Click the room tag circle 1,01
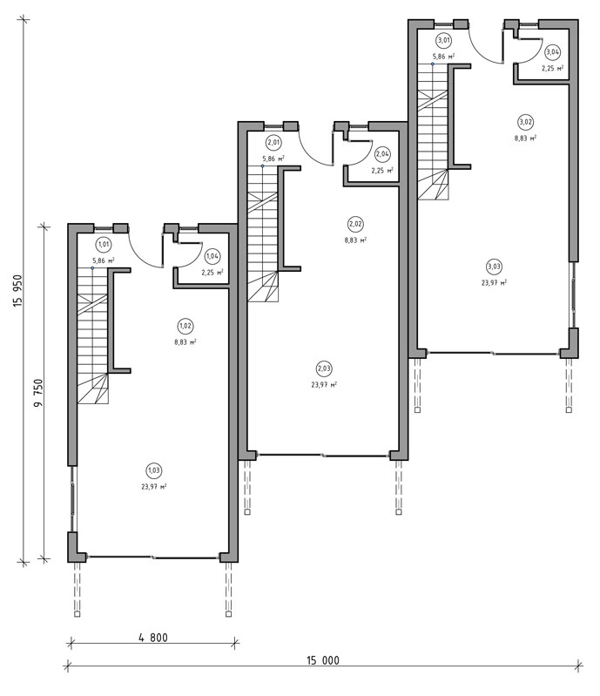(x=104, y=244)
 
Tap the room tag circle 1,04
(x=212, y=256)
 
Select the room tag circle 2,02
(x=355, y=224)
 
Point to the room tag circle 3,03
(x=494, y=267)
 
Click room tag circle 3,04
(x=552, y=52)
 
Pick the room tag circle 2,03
(x=324, y=368)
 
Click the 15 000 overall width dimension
(x=322, y=660)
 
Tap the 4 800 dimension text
(x=153, y=638)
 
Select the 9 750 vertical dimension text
(x=39, y=393)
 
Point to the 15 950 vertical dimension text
(x=17, y=291)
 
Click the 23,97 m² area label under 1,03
(x=154, y=486)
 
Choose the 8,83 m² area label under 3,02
(x=525, y=138)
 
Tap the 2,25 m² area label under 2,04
(x=382, y=171)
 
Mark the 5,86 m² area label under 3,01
(x=443, y=57)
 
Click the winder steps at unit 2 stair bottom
(x=263, y=287)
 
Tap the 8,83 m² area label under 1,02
(x=185, y=342)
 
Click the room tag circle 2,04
(x=382, y=154)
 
